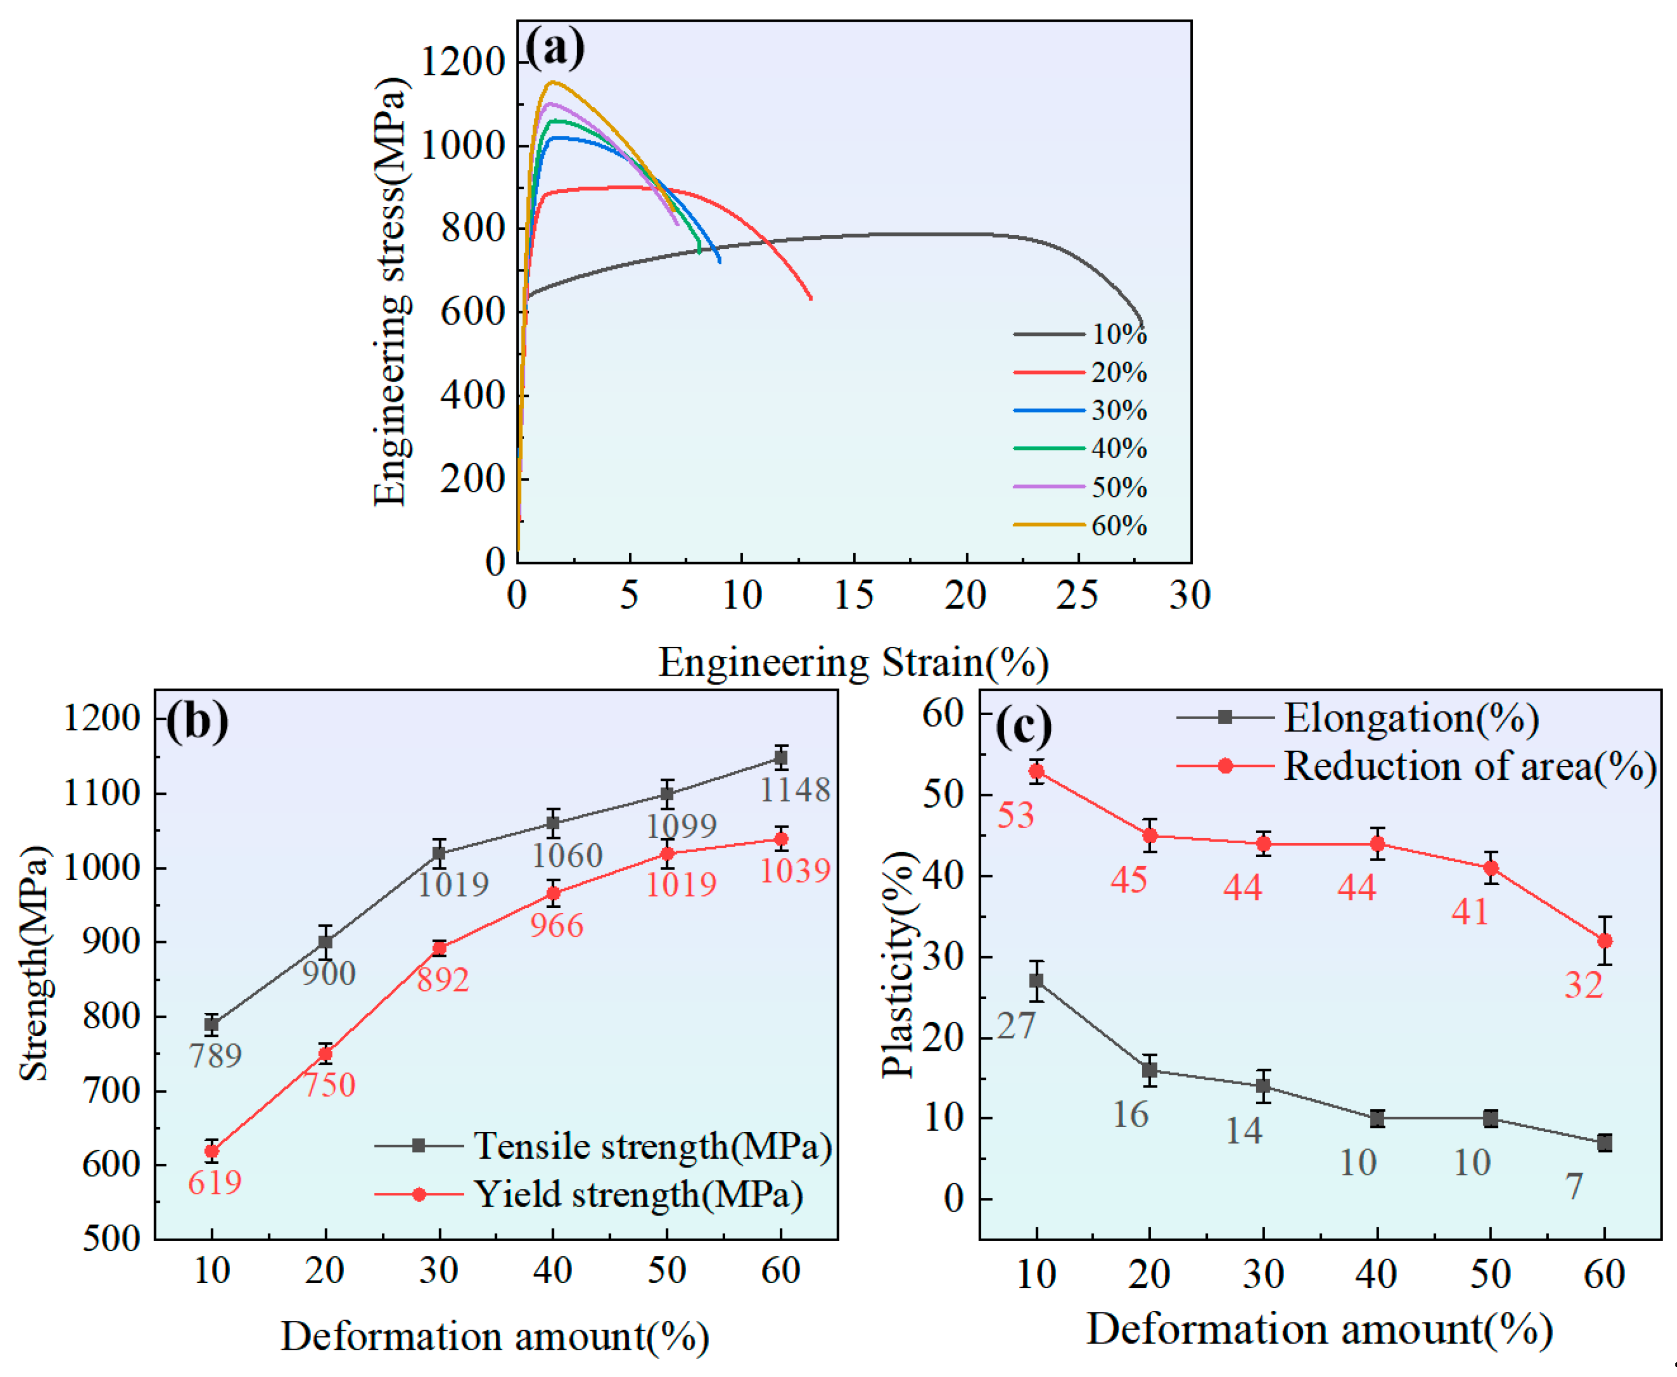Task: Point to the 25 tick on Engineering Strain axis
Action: point(1078,595)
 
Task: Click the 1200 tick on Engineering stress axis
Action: point(463,62)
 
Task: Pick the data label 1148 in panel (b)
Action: point(795,790)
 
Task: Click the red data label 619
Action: point(214,1183)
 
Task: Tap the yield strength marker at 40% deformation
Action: point(553,894)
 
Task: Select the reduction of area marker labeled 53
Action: point(1036,771)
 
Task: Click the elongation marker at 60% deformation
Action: point(1605,1143)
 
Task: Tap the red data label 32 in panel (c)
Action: point(1583,985)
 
